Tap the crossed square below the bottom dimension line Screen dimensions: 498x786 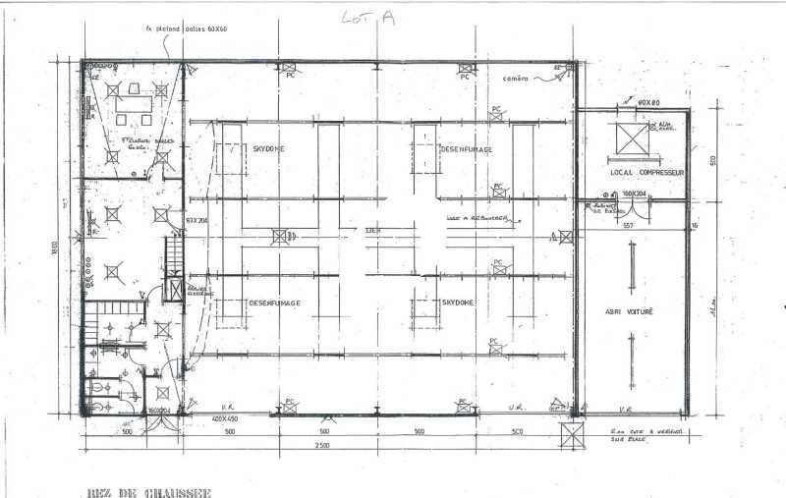click(x=569, y=435)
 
